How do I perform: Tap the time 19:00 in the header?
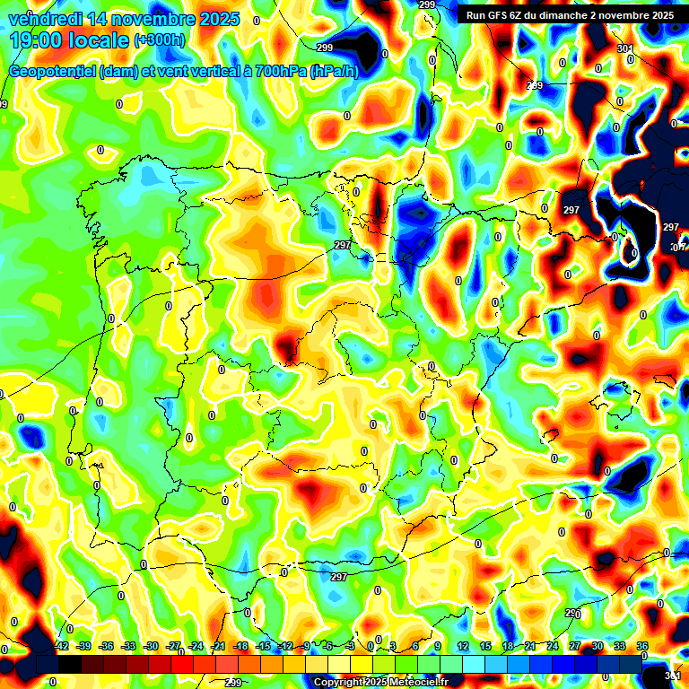[x=35, y=40]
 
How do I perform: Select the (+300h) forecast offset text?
[x=159, y=40]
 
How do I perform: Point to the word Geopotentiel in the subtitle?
[x=55, y=72]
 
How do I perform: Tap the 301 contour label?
[x=625, y=48]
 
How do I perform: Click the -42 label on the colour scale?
[x=62, y=646]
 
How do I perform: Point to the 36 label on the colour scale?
[x=642, y=646]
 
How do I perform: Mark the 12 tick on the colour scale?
[x=463, y=646]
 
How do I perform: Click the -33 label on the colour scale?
[x=129, y=646]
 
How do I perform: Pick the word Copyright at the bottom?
[x=339, y=683]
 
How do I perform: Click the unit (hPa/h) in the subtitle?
[x=334, y=72]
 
